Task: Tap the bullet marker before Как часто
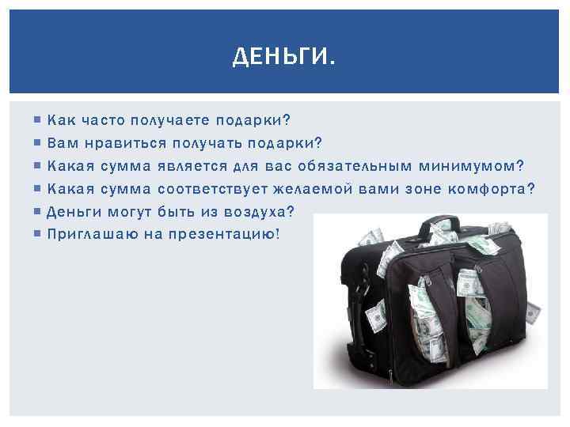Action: pos(39,121)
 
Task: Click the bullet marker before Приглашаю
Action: pos(39,235)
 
